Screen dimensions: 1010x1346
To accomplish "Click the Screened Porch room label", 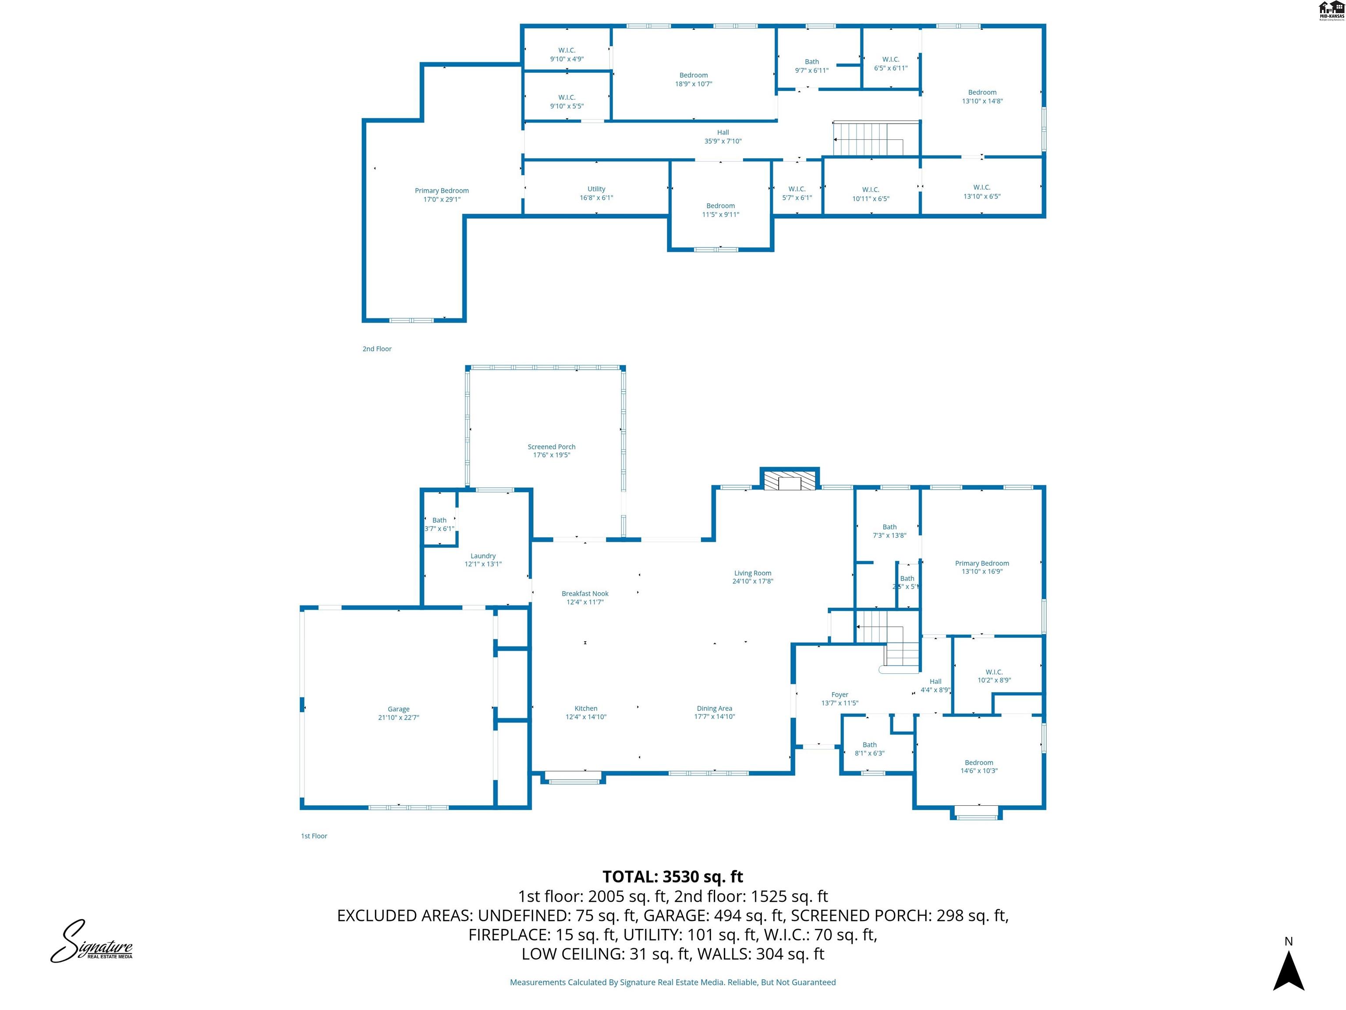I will pyautogui.click(x=551, y=447).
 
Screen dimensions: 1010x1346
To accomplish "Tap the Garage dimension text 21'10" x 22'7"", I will pyautogui.click(x=399, y=717).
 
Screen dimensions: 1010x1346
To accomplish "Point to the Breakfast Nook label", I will pyautogui.click(x=585, y=594).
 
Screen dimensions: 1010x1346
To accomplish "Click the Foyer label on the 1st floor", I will pyautogui.click(x=840, y=695).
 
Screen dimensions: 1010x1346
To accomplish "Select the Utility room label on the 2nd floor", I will pyautogui.click(x=596, y=189).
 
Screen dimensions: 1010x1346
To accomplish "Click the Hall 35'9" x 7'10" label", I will pyautogui.click(x=723, y=136).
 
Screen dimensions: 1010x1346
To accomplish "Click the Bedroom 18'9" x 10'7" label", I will pyautogui.click(x=694, y=75).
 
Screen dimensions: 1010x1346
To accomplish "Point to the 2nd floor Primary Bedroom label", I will pyautogui.click(x=442, y=191).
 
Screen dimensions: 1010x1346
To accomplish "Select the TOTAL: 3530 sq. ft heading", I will pyautogui.click(x=673, y=877).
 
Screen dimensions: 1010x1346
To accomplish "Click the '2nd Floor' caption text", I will pyautogui.click(x=377, y=349).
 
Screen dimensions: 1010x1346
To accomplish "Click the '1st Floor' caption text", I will pyautogui.click(x=314, y=836).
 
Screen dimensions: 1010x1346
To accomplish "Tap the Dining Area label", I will pyautogui.click(x=714, y=709).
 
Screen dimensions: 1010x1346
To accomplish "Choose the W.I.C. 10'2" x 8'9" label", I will pyautogui.click(x=994, y=672).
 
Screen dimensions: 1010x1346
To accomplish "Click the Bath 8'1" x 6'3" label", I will pyautogui.click(x=870, y=744).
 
